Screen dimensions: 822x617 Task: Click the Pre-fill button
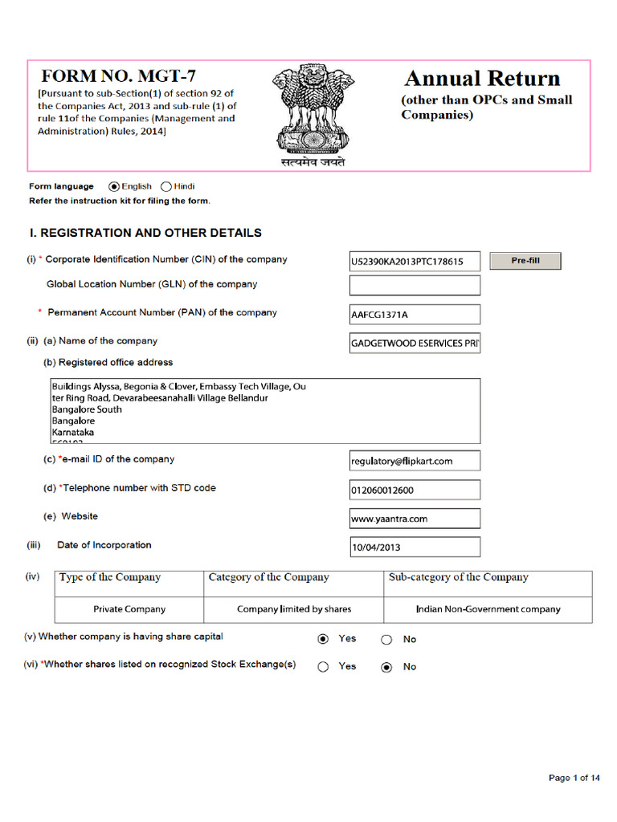coord(525,261)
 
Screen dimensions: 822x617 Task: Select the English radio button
coord(113,186)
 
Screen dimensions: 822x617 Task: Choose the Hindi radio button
coord(166,186)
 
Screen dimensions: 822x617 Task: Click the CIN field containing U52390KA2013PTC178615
coord(415,262)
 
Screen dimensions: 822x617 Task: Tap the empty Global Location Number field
coord(415,285)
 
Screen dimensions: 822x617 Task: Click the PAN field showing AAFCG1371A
coord(415,315)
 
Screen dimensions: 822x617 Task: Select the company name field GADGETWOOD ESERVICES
coord(415,344)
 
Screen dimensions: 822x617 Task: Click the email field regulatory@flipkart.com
coord(415,461)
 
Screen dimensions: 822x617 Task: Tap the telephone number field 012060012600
coord(415,490)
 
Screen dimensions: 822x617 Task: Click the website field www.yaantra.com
coord(415,519)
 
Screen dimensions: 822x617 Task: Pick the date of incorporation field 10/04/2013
coord(415,547)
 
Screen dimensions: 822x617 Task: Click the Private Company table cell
coord(129,609)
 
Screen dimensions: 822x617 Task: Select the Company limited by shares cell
coord(294,609)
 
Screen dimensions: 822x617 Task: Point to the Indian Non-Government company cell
coord(488,609)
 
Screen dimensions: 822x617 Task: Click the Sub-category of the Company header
coord(459,578)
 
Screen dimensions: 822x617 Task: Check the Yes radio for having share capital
coord(323,639)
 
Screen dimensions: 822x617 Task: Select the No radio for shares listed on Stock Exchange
coord(386,667)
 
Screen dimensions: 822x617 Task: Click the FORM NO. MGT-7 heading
coord(118,77)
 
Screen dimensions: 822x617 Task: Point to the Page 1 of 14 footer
coord(574,778)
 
